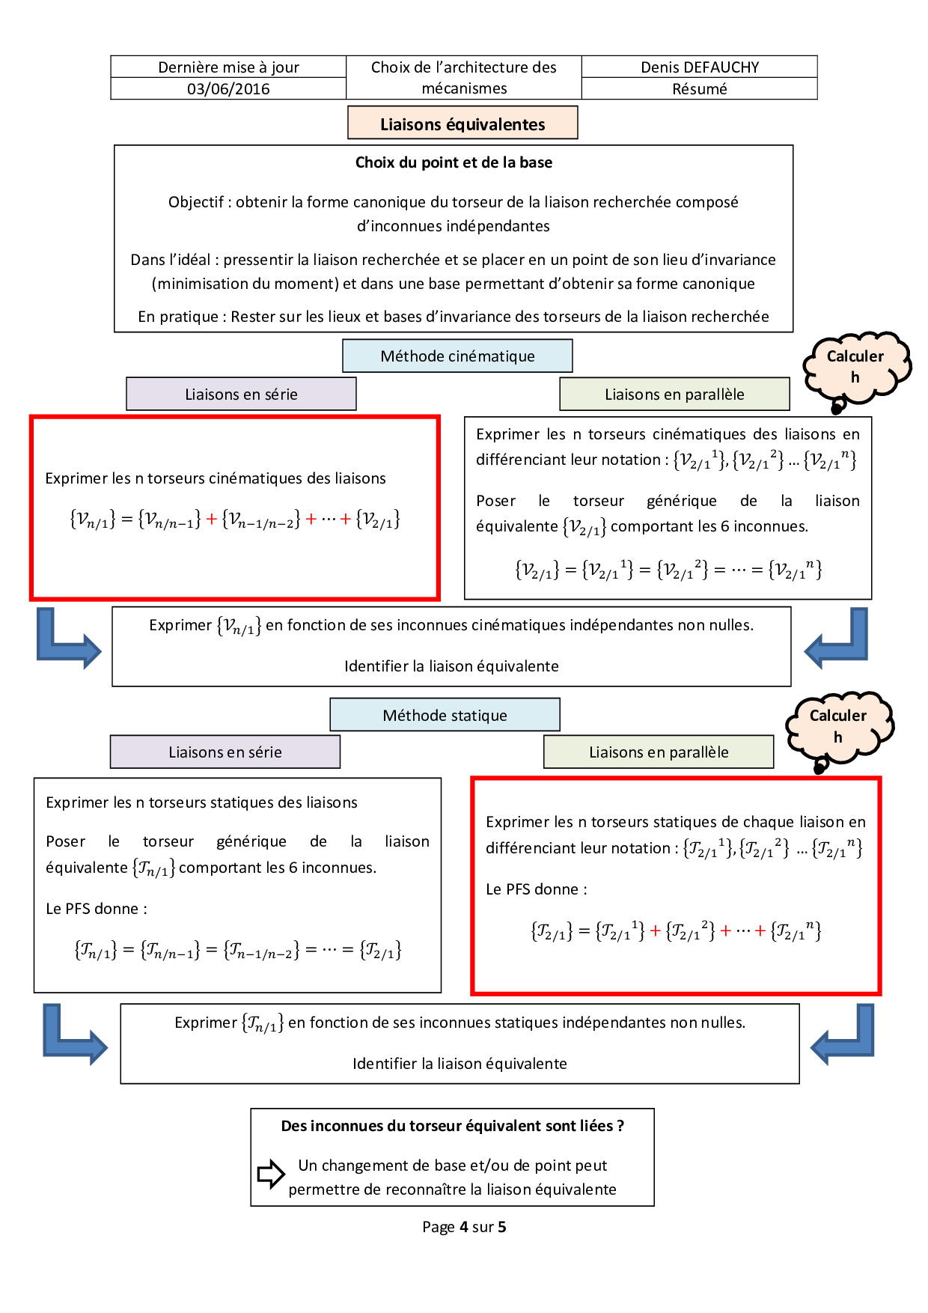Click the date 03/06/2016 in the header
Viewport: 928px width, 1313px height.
[x=228, y=89]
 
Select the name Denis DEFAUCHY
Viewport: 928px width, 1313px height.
[x=700, y=67]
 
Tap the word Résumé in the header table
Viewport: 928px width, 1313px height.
[x=700, y=89]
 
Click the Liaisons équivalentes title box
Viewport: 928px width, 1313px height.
[x=463, y=124]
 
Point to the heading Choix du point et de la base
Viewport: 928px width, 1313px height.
[x=454, y=162]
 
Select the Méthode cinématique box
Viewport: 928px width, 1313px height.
[x=457, y=356]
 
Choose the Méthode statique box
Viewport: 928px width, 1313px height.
[x=445, y=716]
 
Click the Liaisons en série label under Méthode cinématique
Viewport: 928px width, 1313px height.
[x=241, y=394]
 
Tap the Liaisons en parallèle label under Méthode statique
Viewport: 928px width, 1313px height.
[x=659, y=752]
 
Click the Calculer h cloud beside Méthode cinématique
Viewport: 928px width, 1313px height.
[x=855, y=367]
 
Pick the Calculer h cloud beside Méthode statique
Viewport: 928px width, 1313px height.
[x=838, y=726]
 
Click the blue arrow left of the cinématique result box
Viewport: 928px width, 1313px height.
[x=67, y=640]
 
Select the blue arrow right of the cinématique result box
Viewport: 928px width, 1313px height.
[x=837, y=640]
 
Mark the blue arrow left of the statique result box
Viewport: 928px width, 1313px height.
[x=74, y=1036]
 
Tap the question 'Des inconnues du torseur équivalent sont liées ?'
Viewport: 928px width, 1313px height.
[x=453, y=1126]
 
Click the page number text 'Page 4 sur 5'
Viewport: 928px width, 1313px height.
[x=464, y=1227]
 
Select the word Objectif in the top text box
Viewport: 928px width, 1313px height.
[x=195, y=202]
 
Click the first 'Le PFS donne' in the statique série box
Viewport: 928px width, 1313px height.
[x=97, y=909]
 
